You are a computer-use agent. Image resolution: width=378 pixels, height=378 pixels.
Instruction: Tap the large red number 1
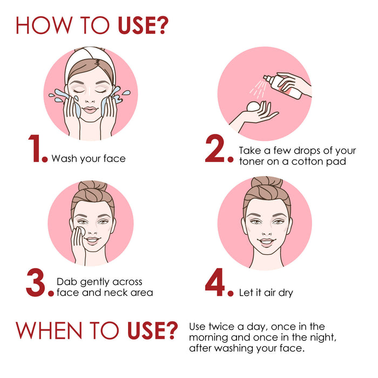click(x=36, y=150)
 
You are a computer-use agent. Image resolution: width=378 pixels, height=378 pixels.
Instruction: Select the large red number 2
click(x=218, y=150)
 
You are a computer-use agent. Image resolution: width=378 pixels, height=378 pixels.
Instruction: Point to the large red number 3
click(x=39, y=283)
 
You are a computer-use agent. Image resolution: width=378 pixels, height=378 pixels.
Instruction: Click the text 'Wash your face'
click(x=88, y=159)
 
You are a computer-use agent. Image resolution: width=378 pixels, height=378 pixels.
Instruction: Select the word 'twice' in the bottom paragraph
click(x=222, y=327)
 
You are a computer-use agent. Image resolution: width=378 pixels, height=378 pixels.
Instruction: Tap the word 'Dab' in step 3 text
click(x=66, y=282)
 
